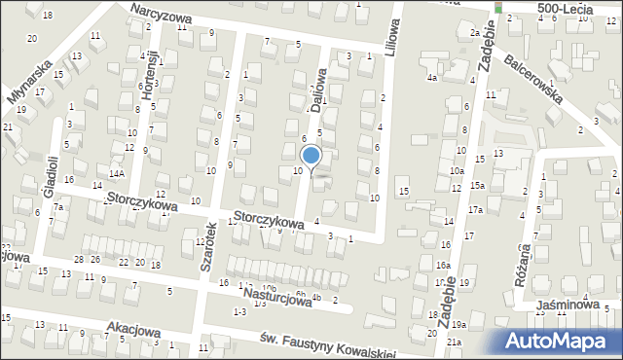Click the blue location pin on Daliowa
tap(311, 156)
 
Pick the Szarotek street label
tap(206, 245)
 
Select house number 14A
tap(117, 173)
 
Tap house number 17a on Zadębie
tap(475, 209)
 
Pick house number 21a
tap(455, 342)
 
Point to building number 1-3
tap(239, 311)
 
